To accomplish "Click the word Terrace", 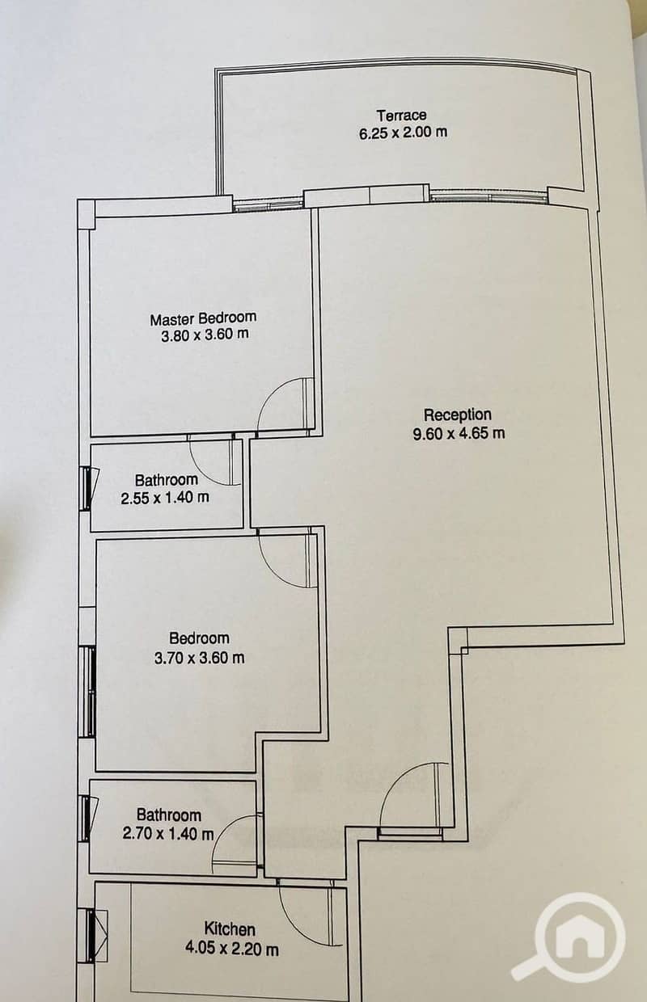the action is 401,116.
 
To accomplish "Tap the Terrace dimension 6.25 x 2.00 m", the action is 403,133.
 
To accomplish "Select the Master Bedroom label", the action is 203,318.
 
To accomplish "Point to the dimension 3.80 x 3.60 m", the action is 205,335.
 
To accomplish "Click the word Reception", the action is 457,415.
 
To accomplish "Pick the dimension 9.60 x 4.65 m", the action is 459,433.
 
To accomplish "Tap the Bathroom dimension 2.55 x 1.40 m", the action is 165,498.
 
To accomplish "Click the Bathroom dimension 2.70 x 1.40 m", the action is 168,834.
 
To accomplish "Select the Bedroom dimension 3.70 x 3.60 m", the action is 199,658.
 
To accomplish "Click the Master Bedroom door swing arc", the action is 268,394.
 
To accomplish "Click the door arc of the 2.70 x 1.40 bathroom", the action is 222,833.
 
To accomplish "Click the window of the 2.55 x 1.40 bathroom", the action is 86,488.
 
